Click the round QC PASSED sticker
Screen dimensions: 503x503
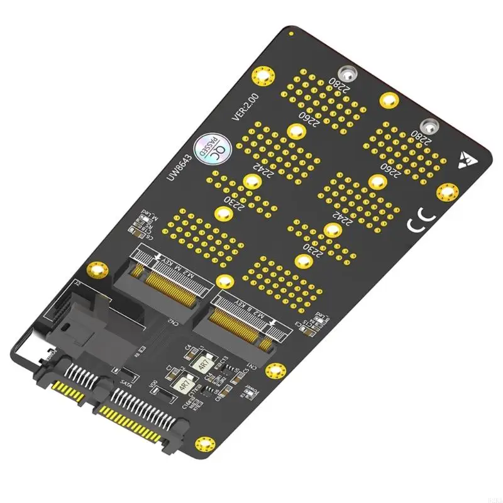(x=208, y=146)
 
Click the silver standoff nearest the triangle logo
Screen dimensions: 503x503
(x=429, y=126)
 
